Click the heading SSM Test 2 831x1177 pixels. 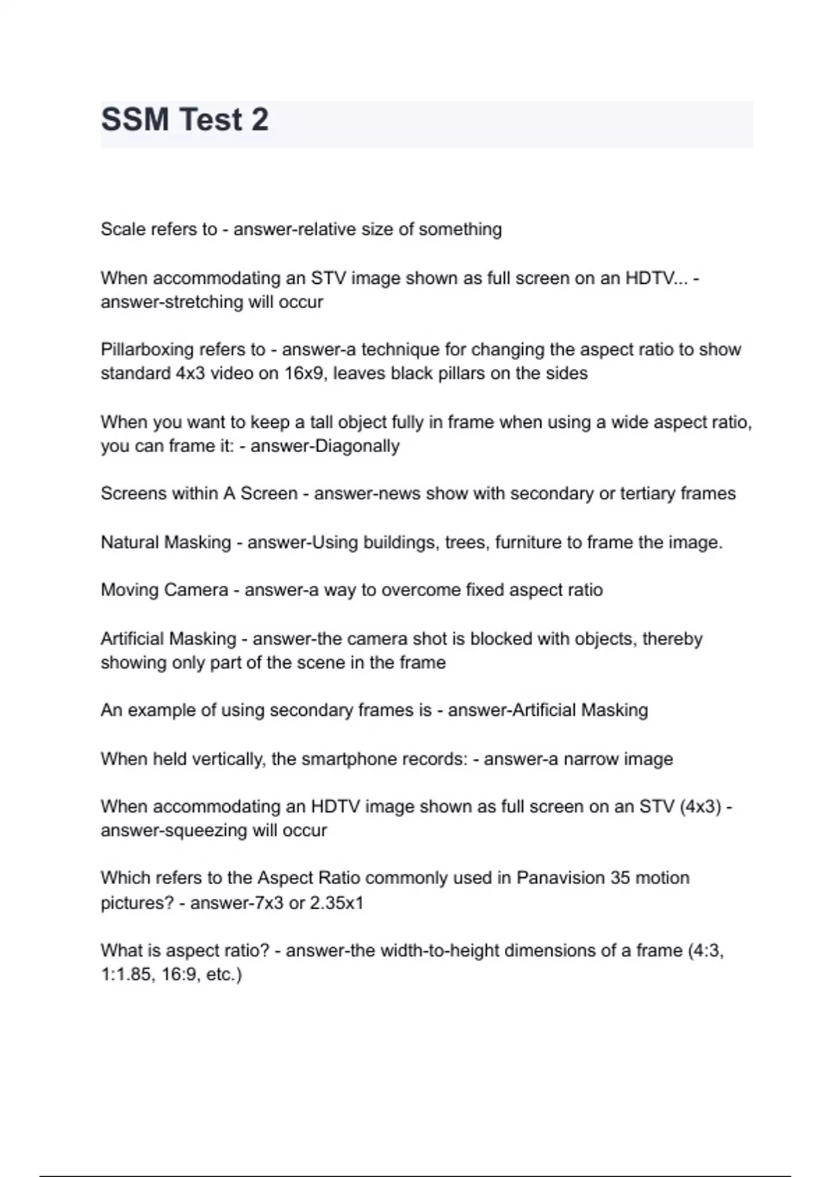[185, 120]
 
